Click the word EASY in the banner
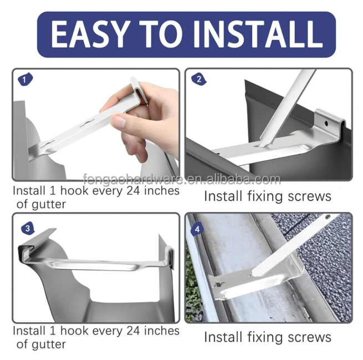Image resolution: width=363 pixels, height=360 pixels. [x=89, y=34]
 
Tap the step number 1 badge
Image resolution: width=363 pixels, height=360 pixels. [x=25, y=79]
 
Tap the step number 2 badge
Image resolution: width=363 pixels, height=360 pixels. [x=198, y=79]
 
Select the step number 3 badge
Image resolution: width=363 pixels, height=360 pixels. [x=28, y=229]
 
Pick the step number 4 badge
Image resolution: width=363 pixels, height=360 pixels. [x=197, y=229]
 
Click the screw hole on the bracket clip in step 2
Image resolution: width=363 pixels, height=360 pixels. [x=326, y=124]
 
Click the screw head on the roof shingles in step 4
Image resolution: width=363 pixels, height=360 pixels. [x=328, y=217]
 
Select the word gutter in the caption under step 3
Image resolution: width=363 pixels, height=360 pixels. [x=49, y=345]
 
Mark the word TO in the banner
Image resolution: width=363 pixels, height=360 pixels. [x=161, y=34]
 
